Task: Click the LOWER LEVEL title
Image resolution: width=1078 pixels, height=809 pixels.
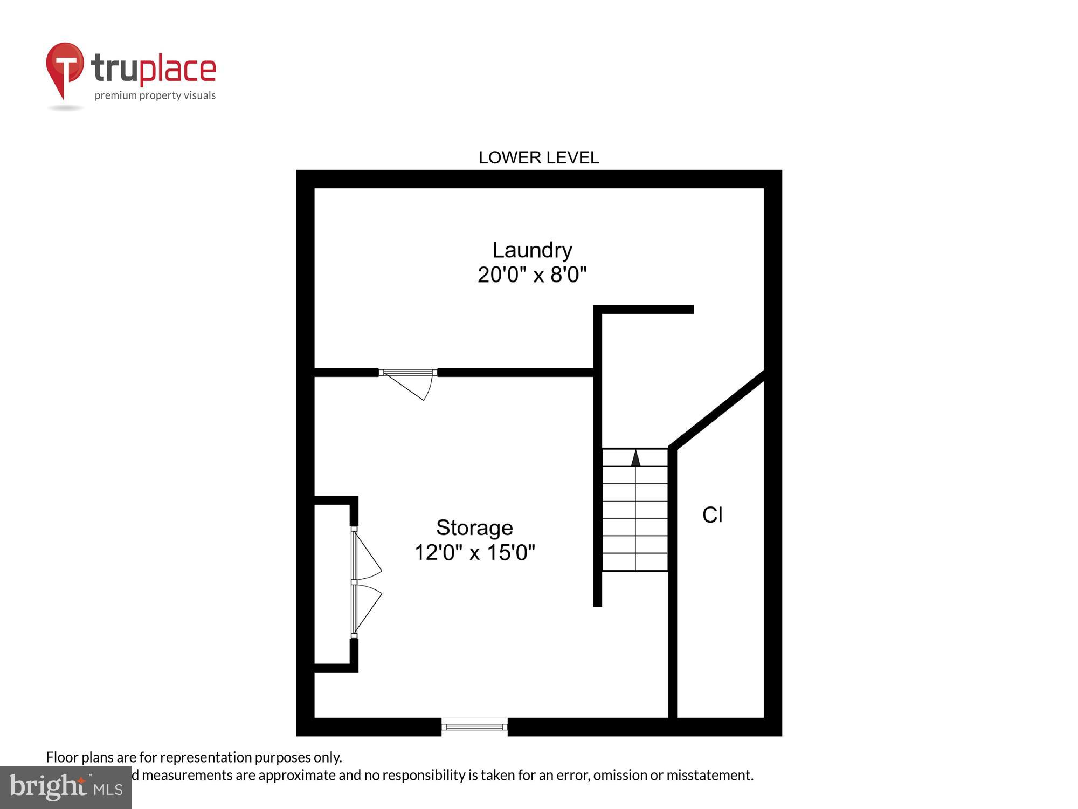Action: click(x=538, y=157)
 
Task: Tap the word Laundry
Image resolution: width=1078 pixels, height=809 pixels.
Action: click(x=532, y=250)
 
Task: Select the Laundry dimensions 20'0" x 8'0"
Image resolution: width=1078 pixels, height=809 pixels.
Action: click(x=532, y=275)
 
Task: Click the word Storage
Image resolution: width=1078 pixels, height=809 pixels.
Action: click(x=474, y=527)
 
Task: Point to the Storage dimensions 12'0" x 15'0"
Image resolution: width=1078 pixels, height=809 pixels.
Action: click(x=474, y=552)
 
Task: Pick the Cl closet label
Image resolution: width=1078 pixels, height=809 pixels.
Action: click(x=712, y=515)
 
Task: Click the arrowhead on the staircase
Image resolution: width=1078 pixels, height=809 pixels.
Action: click(x=636, y=458)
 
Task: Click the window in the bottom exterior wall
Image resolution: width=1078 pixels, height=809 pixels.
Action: click(x=474, y=726)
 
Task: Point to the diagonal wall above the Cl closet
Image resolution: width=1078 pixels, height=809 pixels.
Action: click(x=717, y=410)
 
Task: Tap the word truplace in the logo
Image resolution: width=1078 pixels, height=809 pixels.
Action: click(x=154, y=69)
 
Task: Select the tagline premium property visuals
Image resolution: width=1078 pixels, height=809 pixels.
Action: click(x=155, y=96)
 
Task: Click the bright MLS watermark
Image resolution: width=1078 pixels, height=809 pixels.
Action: click(x=65, y=787)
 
